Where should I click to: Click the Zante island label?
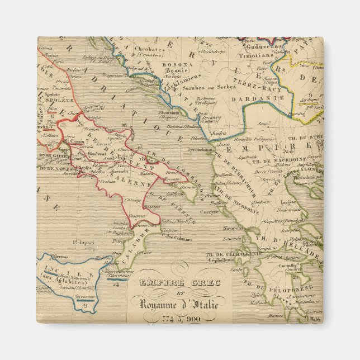[x=236, y=269]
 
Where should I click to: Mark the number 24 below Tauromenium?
[x=116, y=283]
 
